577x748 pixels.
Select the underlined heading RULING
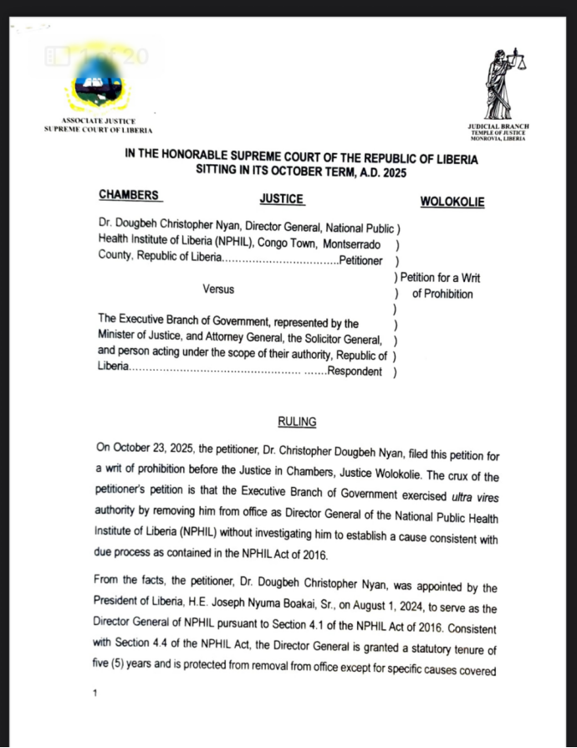tap(297, 422)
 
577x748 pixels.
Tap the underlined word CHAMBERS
tap(129, 195)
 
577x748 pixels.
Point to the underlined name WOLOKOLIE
tap(452, 202)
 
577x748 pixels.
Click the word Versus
tap(218, 289)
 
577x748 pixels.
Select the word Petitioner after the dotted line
tap(360, 261)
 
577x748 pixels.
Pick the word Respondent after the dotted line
tap(355, 371)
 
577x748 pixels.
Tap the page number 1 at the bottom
tap(96, 693)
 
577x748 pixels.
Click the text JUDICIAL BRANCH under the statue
tap(499, 126)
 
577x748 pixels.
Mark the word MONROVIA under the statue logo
tap(486, 138)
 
